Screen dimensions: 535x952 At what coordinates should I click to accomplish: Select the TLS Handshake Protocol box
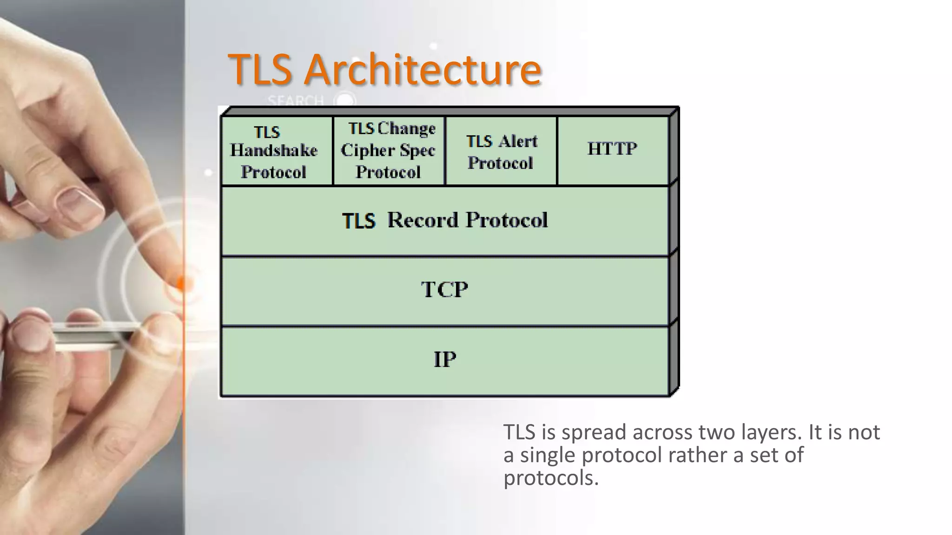point(277,151)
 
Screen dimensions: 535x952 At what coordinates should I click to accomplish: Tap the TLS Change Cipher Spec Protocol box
point(389,151)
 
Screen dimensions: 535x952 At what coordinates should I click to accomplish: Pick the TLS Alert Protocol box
point(501,151)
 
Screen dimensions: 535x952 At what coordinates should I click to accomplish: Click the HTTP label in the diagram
point(612,149)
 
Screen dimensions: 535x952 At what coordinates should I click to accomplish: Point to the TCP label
point(444,290)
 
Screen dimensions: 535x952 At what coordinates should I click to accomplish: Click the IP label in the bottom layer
point(445,359)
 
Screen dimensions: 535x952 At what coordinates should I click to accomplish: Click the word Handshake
point(274,150)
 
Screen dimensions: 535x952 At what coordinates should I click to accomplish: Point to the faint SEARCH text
point(296,101)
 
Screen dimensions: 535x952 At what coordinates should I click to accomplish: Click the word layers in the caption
point(771,432)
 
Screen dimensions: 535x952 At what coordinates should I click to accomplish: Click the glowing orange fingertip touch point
point(183,282)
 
